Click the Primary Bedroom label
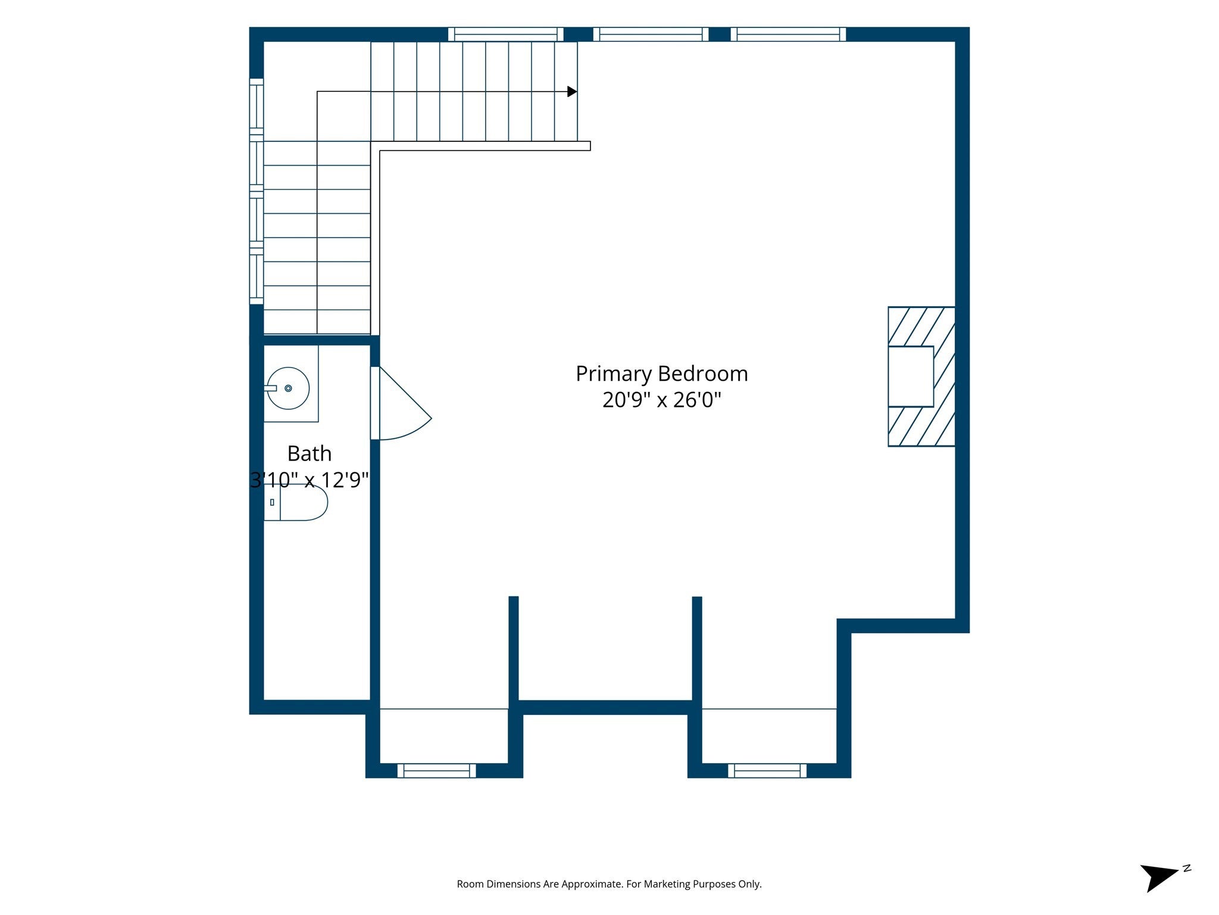tap(661, 374)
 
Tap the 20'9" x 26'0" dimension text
tap(661, 400)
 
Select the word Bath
tap(309, 453)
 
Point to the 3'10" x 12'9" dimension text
tap(310, 480)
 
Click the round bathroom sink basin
tap(288, 388)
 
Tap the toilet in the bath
tap(296, 502)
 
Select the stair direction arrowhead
tap(572, 92)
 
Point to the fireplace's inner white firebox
tap(911, 376)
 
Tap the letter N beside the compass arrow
tap(1187, 868)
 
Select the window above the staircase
tap(505, 34)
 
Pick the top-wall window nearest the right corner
tap(788, 34)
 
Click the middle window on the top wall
tap(651, 34)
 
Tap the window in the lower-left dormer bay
tap(437, 771)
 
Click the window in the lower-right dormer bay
tap(767, 771)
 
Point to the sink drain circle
tap(288, 388)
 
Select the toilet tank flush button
tap(272, 502)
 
